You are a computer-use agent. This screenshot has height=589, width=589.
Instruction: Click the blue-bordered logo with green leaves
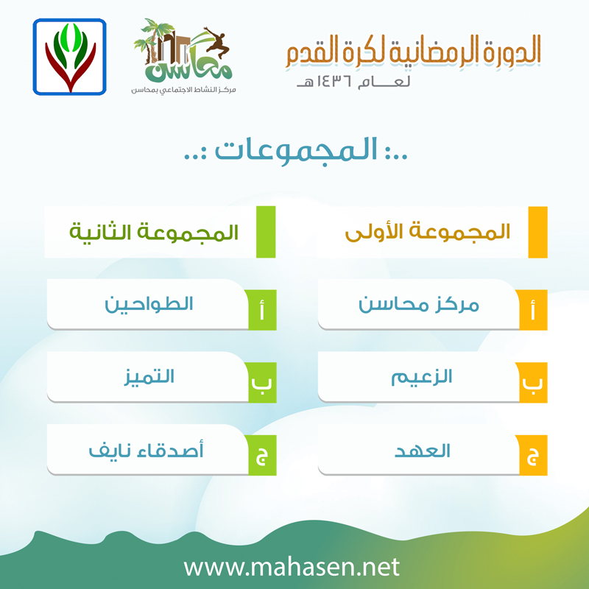pos(69,57)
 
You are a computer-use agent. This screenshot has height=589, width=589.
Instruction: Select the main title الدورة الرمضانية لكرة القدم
pos(413,51)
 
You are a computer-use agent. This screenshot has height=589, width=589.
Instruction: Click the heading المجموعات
pos(297,151)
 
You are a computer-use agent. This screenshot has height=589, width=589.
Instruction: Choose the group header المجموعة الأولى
pos(428,232)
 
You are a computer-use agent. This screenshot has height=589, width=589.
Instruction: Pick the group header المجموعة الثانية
pos(154,232)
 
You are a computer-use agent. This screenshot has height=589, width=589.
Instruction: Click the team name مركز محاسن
pos(419,304)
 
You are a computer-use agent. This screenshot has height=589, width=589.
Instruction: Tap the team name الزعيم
pos(421,377)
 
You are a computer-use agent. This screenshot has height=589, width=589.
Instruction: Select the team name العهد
pos(422,450)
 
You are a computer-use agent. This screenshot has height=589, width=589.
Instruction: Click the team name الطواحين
pos(149,304)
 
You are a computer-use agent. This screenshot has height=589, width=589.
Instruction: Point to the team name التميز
pos(149,377)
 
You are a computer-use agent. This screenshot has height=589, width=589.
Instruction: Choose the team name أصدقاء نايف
pos(146,450)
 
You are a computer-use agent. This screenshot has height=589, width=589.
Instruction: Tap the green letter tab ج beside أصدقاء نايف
pos(262,455)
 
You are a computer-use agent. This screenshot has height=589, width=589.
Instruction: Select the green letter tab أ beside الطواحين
pos(262,310)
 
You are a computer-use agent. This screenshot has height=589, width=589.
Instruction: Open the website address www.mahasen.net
pos(292,567)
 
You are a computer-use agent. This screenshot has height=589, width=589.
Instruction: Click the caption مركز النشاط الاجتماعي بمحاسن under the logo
pos(183,90)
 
